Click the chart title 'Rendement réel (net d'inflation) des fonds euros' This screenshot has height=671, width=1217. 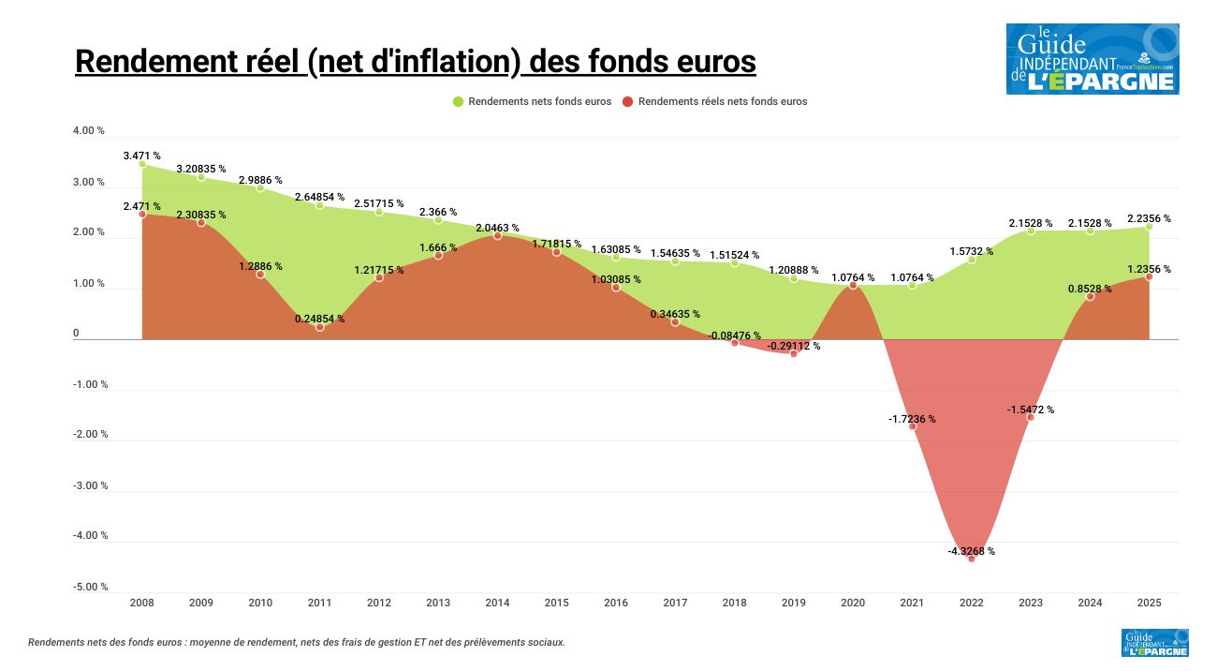point(415,61)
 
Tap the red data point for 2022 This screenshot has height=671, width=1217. point(971,558)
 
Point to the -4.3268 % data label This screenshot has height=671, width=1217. point(971,551)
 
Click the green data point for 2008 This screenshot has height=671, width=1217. point(142,164)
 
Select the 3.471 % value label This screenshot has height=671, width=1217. point(142,156)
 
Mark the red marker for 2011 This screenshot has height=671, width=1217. point(319,327)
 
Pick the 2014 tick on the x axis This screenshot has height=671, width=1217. point(497,603)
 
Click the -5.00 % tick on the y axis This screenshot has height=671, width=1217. point(91,587)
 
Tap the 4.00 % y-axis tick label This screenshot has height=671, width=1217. point(89,131)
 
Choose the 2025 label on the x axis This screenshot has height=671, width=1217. point(1149,603)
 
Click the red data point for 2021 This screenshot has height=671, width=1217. point(912,426)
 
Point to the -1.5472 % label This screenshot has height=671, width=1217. point(1031,410)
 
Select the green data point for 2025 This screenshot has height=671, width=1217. point(1149,226)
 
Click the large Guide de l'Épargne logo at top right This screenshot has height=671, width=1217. point(1092,59)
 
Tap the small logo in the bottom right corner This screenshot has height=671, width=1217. point(1154,643)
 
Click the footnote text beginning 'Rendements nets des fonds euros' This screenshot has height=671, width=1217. point(297,642)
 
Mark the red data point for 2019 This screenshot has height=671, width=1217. point(794,353)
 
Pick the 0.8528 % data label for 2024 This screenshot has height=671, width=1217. point(1090,289)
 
